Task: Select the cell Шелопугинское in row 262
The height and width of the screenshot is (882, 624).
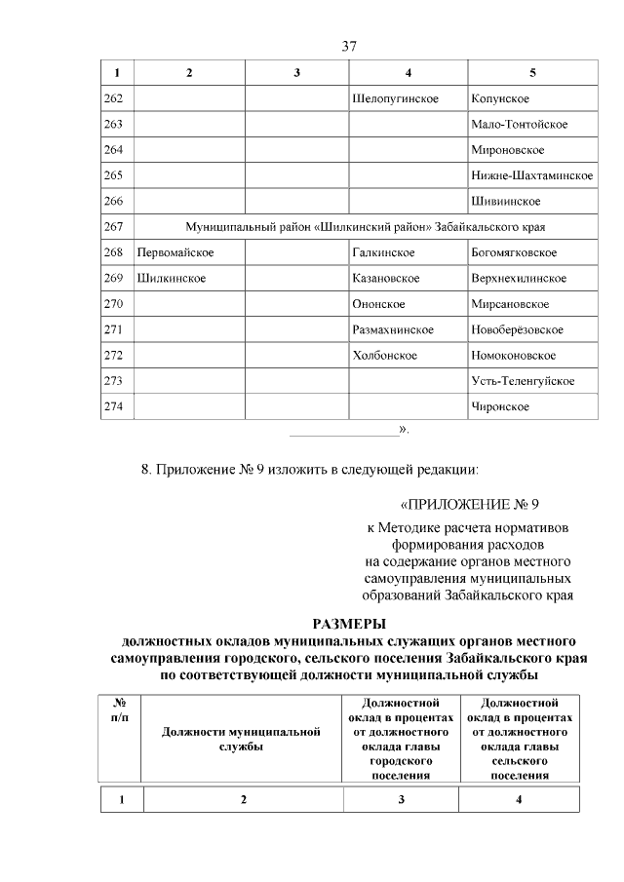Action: click(x=395, y=99)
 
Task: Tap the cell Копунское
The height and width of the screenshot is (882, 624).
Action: click(x=499, y=99)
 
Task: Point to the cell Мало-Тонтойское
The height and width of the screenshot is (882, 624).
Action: click(x=519, y=125)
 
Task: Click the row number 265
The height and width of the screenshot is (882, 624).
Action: click(x=113, y=175)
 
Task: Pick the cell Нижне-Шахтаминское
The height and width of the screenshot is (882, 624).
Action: click(x=531, y=175)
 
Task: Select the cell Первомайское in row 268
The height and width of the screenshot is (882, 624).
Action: click(x=175, y=252)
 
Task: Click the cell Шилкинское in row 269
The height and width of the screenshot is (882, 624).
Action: click(x=171, y=278)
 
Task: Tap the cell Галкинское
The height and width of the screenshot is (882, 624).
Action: click(x=383, y=252)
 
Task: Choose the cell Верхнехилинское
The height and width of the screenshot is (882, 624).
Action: click(x=518, y=278)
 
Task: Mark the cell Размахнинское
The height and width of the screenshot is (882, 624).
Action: click(x=393, y=329)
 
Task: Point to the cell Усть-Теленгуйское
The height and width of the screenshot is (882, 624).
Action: click(x=522, y=380)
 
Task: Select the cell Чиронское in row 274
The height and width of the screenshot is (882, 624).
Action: click(x=499, y=406)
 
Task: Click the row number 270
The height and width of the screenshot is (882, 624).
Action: click(x=113, y=304)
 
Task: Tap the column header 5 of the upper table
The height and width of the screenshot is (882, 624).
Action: click(x=532, y=73)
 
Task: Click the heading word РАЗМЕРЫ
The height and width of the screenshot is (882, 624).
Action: click(x=349, y=624)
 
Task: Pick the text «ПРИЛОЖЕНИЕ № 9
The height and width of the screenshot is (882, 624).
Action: click(x=469, y=504)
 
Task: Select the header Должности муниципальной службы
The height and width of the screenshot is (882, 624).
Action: click(x=241, y=739)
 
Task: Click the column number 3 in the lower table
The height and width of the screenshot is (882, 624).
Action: click(x=401, y=799)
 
